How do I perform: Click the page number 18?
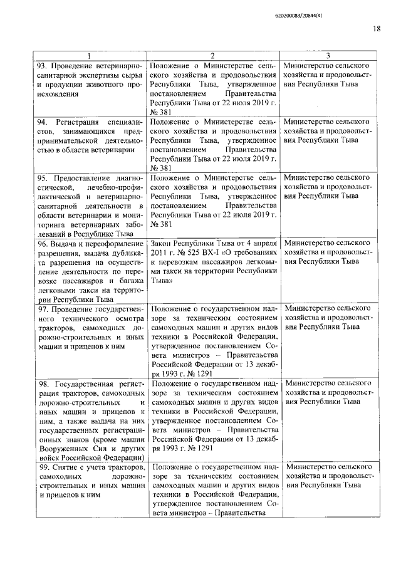(377, 28)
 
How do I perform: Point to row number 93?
(42, 66)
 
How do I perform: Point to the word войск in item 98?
(48, 451)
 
